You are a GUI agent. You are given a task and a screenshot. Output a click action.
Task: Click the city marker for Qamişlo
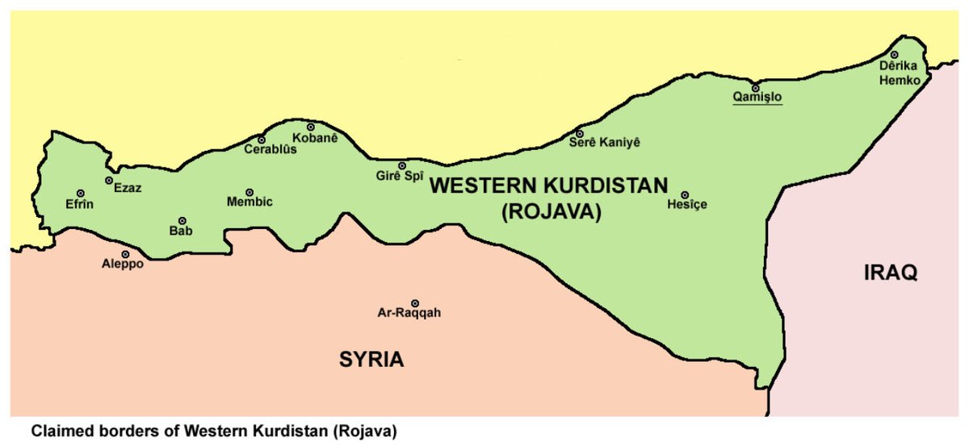click(x=756, y=88)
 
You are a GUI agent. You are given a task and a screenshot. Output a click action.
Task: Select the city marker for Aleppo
click(x=125, y=254)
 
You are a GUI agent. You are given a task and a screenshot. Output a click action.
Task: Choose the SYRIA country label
click(x=371, y=359)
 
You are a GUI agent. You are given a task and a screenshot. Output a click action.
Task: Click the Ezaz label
click(x=127, y=188)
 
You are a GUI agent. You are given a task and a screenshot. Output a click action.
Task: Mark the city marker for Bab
click(x=182, y=220)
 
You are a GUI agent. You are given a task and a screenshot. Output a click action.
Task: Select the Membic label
click(x=250, y=202)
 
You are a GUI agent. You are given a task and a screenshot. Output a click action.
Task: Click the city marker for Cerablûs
click(x=262, y=140)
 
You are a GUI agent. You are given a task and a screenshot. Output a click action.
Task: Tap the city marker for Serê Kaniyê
click(x=580, y=133)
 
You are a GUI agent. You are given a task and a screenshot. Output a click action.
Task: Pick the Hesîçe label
click(x=687, y=205)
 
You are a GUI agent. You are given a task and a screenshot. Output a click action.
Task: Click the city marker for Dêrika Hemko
click(x=895, y=55)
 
